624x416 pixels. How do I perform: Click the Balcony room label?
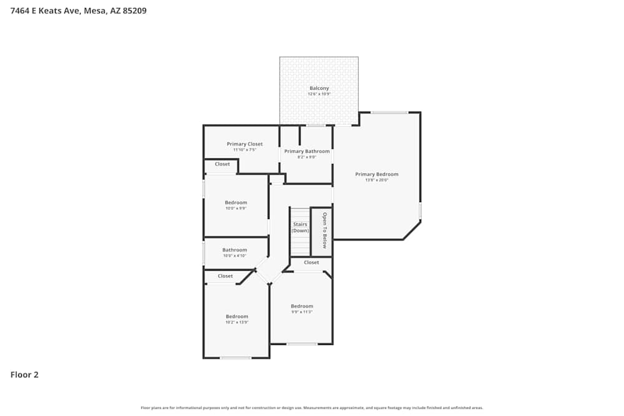point(319,89)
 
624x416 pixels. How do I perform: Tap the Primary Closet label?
point(245,144)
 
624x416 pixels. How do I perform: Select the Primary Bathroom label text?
point(306,152)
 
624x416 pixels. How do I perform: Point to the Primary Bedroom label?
point(376,175)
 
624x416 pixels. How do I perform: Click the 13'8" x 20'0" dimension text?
point(376,180)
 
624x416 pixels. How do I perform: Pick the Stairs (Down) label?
point(300,228)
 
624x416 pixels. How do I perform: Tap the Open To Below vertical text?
point(324,230)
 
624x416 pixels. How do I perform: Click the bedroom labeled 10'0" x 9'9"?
point(236,203)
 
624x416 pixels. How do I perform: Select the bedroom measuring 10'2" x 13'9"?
point(236,317)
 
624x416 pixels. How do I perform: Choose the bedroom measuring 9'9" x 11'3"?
point(301,306)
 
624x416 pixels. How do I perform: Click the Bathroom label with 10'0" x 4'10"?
point(235,250)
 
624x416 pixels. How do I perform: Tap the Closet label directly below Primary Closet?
point(222,165)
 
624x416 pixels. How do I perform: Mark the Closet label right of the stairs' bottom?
point(311,263)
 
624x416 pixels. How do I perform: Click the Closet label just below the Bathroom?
point(225,276)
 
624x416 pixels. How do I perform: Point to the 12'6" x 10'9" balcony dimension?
point(319,94)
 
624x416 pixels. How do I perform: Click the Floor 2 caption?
point(24,375)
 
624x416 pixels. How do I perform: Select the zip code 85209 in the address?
point(134,11)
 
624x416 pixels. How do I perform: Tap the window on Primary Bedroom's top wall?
point(389,112)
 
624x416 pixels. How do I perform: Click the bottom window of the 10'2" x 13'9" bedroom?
point(235,358)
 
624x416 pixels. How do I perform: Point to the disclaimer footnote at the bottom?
point(311,408)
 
